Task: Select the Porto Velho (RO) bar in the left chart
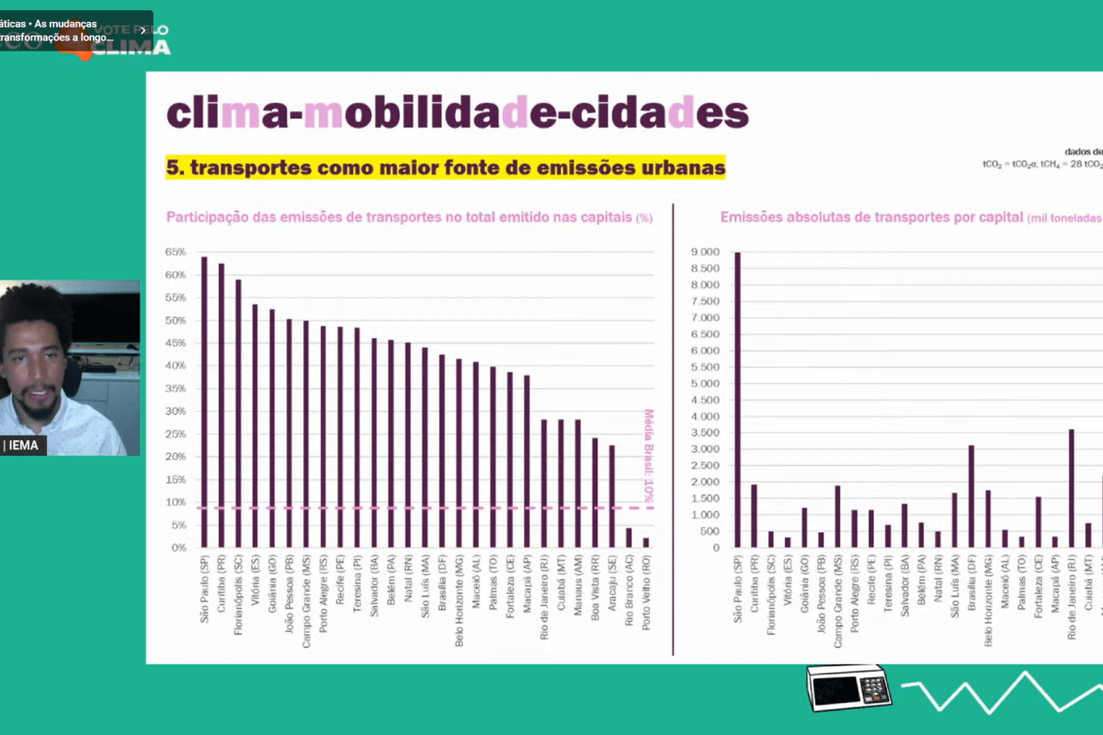[646, 543]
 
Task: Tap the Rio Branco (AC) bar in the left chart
[629, 537]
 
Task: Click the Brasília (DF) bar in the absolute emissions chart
[971, 496]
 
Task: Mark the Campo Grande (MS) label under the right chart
[837, 593]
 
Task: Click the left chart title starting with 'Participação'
[409, 218]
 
